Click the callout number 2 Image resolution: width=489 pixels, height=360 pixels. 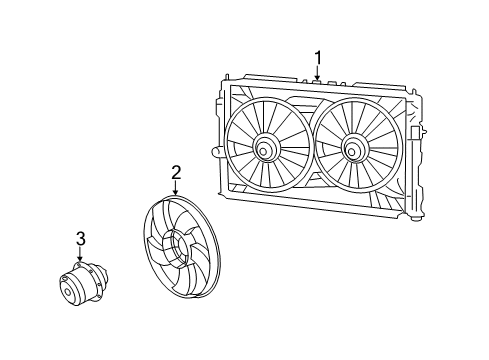(175, 172)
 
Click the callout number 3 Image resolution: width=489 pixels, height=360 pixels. (80, 237)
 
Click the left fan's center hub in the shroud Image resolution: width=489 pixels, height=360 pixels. (267, 150)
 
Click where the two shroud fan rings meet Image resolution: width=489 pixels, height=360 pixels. (309, 150)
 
